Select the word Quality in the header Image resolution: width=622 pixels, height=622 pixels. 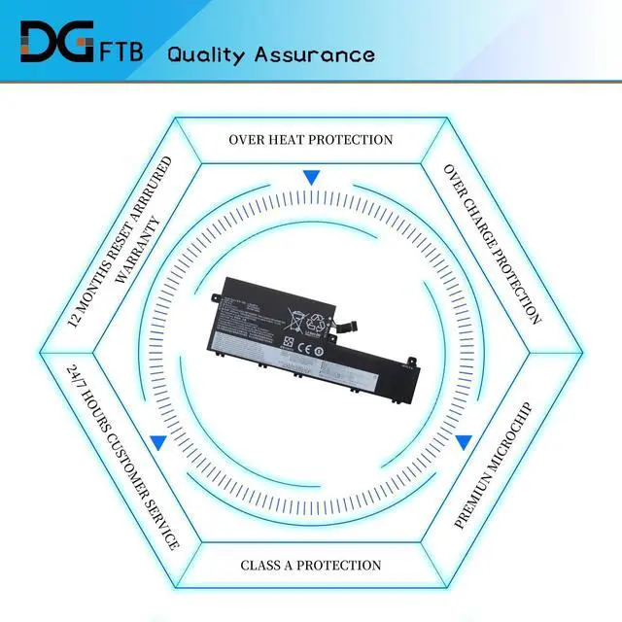(204, 53)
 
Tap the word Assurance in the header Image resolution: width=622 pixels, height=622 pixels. (314, 53)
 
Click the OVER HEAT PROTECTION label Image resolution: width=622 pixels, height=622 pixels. (311, 139)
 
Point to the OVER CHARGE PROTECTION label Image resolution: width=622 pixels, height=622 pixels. (492, 243)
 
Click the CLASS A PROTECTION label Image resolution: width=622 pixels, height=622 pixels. (311, 565)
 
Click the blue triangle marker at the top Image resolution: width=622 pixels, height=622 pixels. (311, 178)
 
